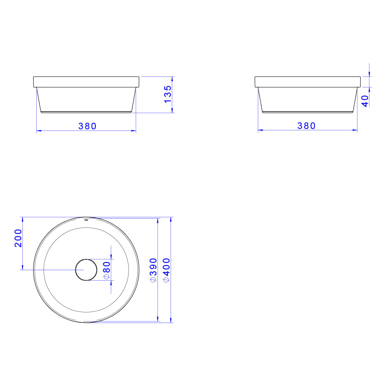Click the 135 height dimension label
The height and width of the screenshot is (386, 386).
click(168, 94)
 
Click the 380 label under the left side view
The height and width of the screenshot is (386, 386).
click(87, 126)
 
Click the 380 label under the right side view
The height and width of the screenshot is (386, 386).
click(306, 126)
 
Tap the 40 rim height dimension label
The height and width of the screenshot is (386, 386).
click(365, 101)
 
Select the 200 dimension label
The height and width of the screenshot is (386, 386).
click(18, 238)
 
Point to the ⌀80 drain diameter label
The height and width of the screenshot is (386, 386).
click(107, 270)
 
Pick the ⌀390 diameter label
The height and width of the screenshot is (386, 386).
click(153, 270)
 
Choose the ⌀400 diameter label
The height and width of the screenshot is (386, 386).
click(167, 270)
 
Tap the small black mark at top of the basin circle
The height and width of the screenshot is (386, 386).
click(86, 220)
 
